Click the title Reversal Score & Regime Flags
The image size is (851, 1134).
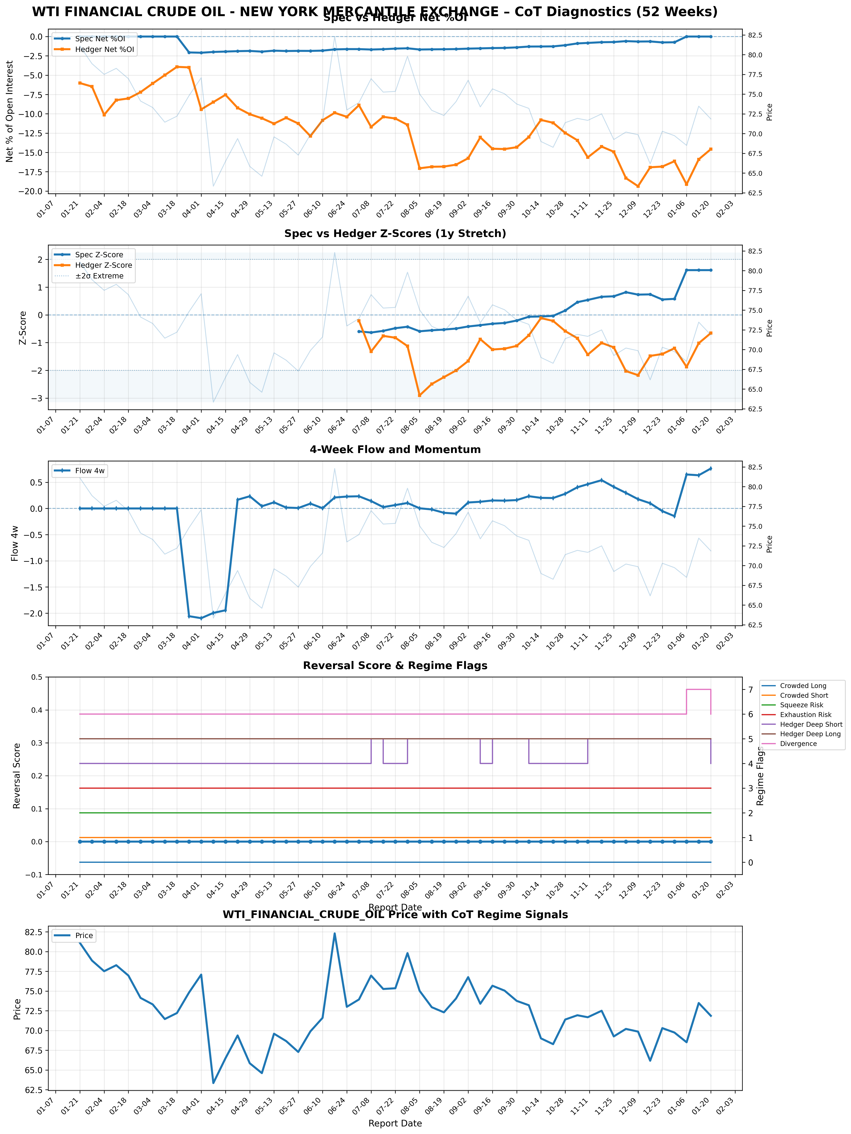pyautogui.click(x=395, y=665)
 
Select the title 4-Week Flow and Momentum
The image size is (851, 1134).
pyautogui.click(x=395, y=450)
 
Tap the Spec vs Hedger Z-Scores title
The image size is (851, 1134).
pyautogui.click(x=395, y=234)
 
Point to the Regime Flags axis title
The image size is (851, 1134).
pyautogui.click(x=760, y=775)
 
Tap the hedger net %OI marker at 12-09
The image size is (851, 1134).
pyautogui.click(x=638, y=186)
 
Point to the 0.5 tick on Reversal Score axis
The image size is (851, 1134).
pyautogui.click(x=38, y=677)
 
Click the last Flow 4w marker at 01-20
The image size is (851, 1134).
pyautogui.click(x=711, y=468)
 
